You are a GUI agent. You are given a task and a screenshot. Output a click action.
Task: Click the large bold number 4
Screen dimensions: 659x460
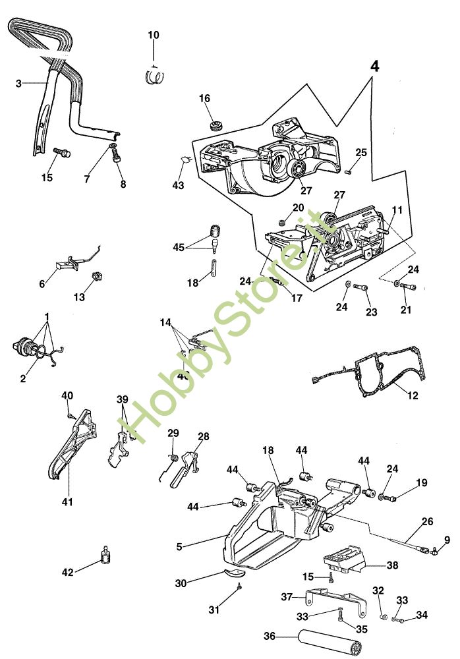click(374, 67)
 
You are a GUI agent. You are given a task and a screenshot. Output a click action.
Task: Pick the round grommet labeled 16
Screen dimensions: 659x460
click(214, 124)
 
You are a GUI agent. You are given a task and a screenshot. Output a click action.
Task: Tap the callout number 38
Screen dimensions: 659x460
click(392, 565)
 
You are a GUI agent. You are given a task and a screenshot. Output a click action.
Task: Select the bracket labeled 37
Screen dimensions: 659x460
click(330, 601)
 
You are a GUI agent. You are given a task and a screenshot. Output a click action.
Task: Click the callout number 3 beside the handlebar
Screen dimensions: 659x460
click(18, 83)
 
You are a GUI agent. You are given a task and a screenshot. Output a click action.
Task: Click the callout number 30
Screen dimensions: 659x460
click(181, 583)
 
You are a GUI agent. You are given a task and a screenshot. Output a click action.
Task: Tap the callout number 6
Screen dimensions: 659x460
click(42, 284)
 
